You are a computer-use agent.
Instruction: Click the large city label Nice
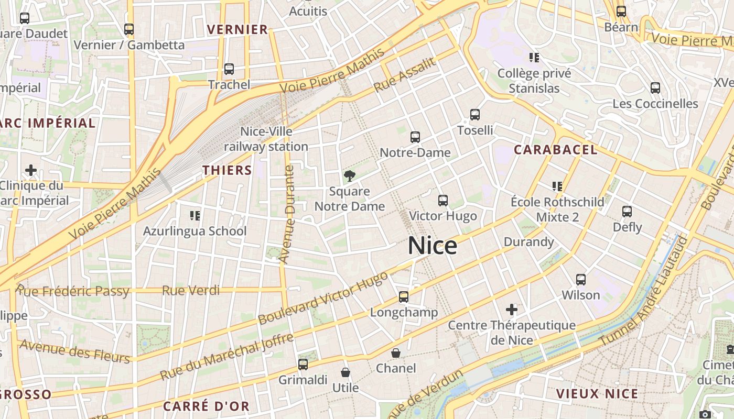(x=432, y=246)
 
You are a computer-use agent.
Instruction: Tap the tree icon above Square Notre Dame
(x=349, y=176)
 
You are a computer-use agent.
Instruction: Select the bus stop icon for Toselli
(x=475, y=115)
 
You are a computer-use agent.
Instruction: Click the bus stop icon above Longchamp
(x=404, y=297)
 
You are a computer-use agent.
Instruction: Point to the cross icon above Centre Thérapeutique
(x=512, y=310)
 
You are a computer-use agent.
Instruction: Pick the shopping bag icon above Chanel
(x=396, y=353)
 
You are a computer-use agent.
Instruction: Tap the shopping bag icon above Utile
(x=346, y=372)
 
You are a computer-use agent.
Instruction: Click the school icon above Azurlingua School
(x=195, y=215)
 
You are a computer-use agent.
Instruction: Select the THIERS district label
(x=227, y=170)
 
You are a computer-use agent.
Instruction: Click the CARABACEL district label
(x=555, y=150)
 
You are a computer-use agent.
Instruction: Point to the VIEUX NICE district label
(x=597, y=394)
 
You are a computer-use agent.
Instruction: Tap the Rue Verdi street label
(x=191, y=290)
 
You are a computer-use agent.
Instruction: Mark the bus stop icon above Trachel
(x=229, y=69)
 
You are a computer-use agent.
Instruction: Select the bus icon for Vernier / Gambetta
(x=129, y=29)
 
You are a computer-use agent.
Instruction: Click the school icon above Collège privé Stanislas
(x=534, y=57)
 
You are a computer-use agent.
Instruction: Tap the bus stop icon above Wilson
(x=581, y=280)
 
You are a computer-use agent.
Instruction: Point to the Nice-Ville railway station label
(x=266, y=139)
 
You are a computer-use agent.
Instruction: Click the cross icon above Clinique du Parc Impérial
(x=31, y=170)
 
